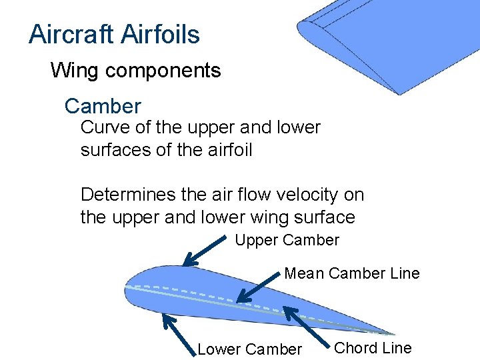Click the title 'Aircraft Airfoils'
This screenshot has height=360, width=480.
coord(114,35)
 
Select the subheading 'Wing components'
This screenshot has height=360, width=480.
coord(135,70)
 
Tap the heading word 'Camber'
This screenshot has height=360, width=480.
coord(103,106)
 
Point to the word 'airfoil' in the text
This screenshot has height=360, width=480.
coord(228,150)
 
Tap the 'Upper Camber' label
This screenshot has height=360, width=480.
coord(287,240)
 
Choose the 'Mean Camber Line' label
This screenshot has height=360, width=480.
coord(352,273)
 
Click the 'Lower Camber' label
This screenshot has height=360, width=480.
coord(250,349)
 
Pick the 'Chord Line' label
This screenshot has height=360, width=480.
coord(373,347)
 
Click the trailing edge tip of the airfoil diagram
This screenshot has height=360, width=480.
coord(393,333)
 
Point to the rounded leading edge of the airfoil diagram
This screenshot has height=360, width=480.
coord(127,291)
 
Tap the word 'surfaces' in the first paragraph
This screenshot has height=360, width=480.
coord(115,150)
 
